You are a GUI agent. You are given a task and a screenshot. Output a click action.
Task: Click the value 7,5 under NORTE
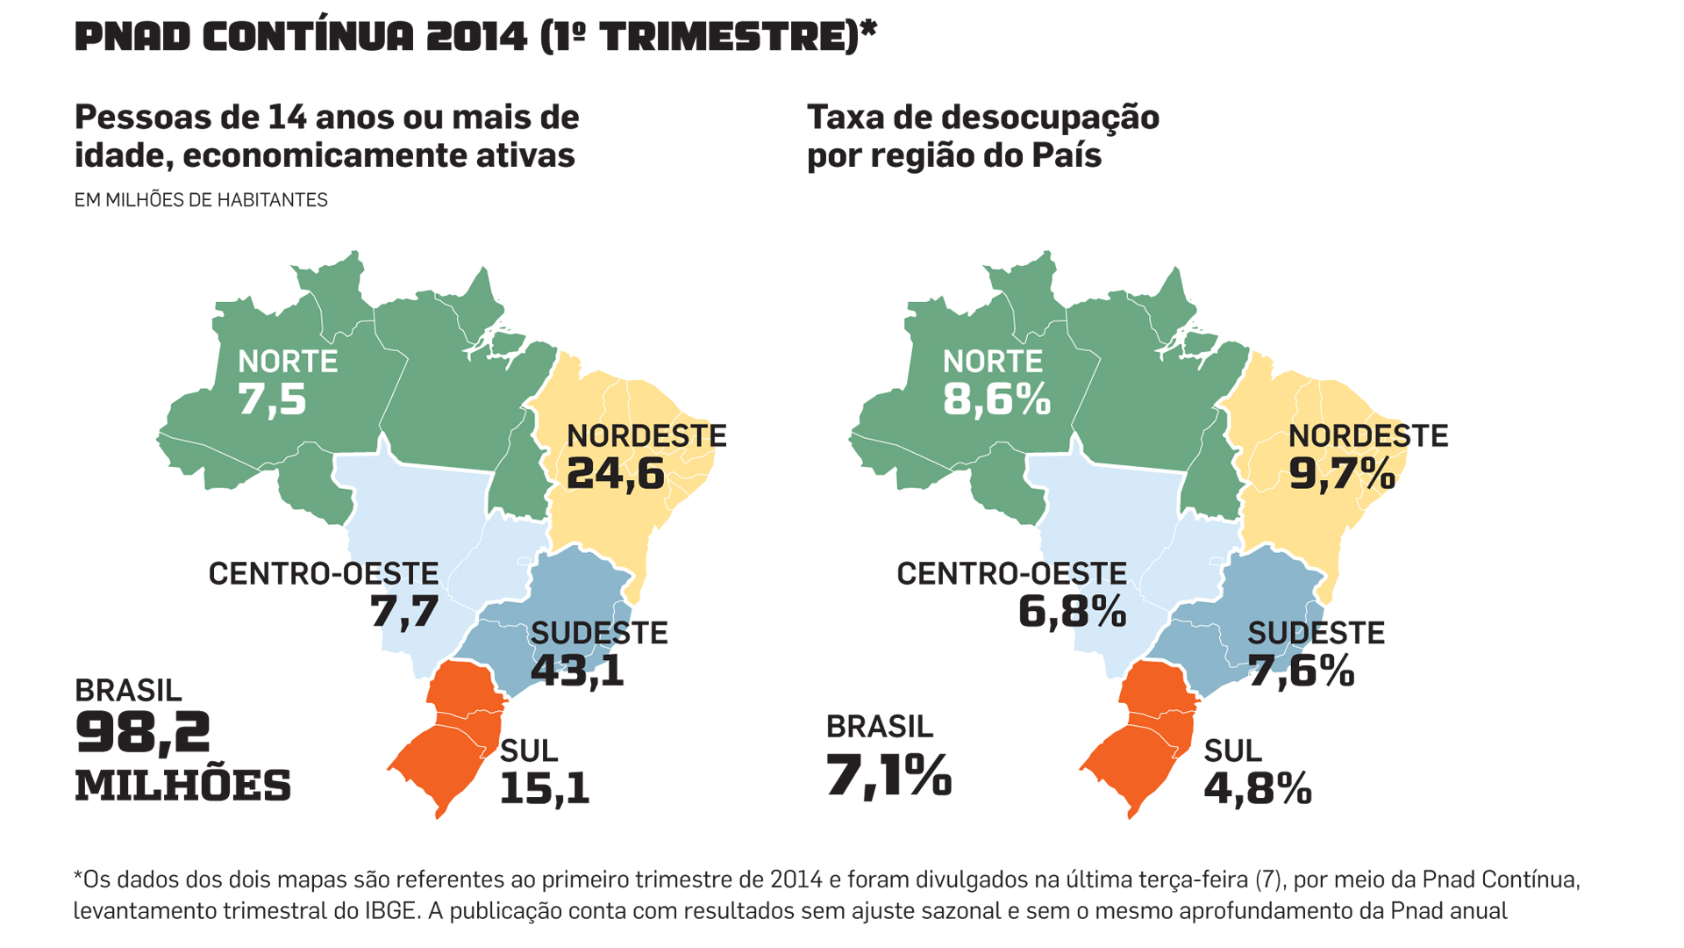[272, 400]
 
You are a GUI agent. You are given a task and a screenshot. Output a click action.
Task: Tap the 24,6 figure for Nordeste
[615, 474]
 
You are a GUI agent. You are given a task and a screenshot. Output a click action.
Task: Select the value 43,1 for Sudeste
[577, 671]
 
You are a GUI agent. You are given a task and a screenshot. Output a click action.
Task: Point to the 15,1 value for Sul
[544, 788]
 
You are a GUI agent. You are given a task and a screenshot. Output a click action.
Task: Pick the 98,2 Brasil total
[143, 733]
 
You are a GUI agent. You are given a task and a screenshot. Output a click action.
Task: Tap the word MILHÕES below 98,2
[182, 786]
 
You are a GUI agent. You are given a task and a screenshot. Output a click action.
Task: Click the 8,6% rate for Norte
[996, 400]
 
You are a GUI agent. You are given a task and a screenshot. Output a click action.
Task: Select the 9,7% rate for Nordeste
[1341, 474]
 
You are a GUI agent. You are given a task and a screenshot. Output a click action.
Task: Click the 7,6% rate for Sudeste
[1301, 671]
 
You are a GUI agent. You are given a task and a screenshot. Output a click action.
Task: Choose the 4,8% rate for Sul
[1258, 788]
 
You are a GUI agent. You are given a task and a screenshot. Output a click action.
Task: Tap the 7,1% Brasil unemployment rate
[888, 776]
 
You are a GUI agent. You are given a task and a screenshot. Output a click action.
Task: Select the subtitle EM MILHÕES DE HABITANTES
[201, 200]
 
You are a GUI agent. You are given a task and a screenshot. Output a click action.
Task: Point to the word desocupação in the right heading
[1044, 118]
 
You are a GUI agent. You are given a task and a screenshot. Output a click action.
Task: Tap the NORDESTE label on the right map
[1367, 436]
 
